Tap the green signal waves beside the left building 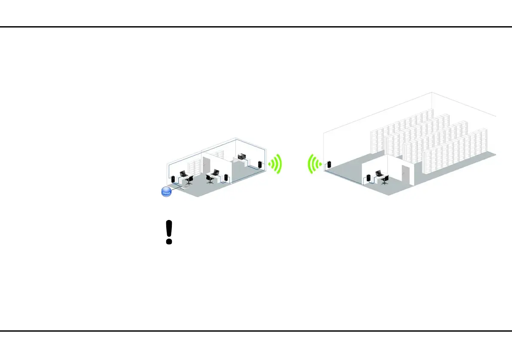click(x=276, y=164)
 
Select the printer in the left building click(x=241, y=156)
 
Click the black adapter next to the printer click(x=259, y=165)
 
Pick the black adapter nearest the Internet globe click(x=173, y=180)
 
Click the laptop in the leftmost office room click(x=183, y=174)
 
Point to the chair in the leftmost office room click(x=189, y=180)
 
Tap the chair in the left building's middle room click(x=210, y=179)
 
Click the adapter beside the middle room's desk click(x=226, y=177)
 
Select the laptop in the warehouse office click(x=379, y=173)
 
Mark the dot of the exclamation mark click(x=169, y=241)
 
